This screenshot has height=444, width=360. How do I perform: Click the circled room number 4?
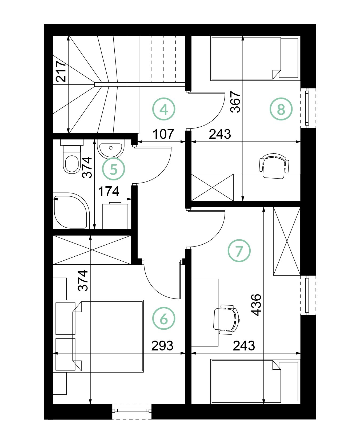click(164, 109)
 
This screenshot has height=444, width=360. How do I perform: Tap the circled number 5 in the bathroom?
click(114, 169)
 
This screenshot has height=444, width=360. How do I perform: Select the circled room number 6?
click(164, 318)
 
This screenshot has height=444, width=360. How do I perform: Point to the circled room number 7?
click(239, 251)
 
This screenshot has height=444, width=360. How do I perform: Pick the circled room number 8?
click(281, 109)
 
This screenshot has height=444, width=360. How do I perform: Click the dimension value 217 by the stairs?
click(61, 71)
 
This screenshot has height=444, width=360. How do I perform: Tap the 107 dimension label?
click(163, 134)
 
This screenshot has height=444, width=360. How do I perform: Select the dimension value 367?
click(235, 102)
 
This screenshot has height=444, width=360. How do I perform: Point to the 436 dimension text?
click(256, 305)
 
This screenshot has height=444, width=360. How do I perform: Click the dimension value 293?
click(162, 346)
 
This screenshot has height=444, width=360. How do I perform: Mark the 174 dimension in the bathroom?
click(109, 191)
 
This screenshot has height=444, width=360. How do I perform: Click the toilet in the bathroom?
click(72, 156)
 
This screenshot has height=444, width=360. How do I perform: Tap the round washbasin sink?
click(111, 149)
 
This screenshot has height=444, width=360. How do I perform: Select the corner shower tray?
click(71, 211)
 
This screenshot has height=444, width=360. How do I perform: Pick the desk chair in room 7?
click(226, 319)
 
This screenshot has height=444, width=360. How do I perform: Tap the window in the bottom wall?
click(132, 411)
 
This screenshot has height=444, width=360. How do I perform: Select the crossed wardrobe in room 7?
click(287, 241)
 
